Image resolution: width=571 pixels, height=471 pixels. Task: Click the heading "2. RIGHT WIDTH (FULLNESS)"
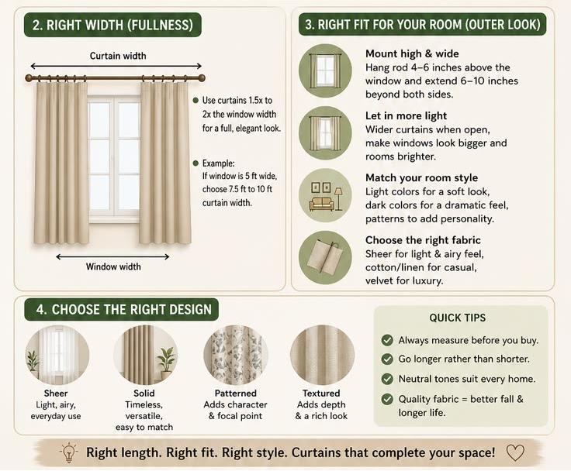click(112, 25)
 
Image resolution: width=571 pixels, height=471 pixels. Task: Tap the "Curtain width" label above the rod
click(118, 56)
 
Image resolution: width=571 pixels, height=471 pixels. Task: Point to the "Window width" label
click(113, 266)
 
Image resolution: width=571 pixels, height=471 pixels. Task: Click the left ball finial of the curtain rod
click(29, 77)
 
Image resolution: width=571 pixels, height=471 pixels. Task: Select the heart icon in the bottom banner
click(515, 453)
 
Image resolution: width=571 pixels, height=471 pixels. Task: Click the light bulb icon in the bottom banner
click(69, 452)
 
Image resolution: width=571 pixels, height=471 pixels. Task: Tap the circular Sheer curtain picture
click(57, 355)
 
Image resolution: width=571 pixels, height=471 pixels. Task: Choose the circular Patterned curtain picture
click(235, 355)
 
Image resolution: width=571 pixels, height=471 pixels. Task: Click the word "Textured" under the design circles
click(321, 394)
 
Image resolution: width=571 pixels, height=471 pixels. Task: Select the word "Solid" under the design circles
click(144, 394)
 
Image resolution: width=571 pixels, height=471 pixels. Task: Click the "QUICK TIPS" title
click(458, 318)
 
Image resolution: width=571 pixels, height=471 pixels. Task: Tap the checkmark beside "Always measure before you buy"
click(387, 340)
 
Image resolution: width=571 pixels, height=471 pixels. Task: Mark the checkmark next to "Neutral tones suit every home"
click(387, 379)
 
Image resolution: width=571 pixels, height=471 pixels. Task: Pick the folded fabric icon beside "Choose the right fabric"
click(325, 257)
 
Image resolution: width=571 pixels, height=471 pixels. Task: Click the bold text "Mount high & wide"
click(412, 53)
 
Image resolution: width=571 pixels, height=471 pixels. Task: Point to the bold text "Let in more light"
click(406, 116)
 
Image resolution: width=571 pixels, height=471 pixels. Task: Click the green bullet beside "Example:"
click(196, 163)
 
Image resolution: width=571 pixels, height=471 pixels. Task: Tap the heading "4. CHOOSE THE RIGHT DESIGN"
click(124, 310)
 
